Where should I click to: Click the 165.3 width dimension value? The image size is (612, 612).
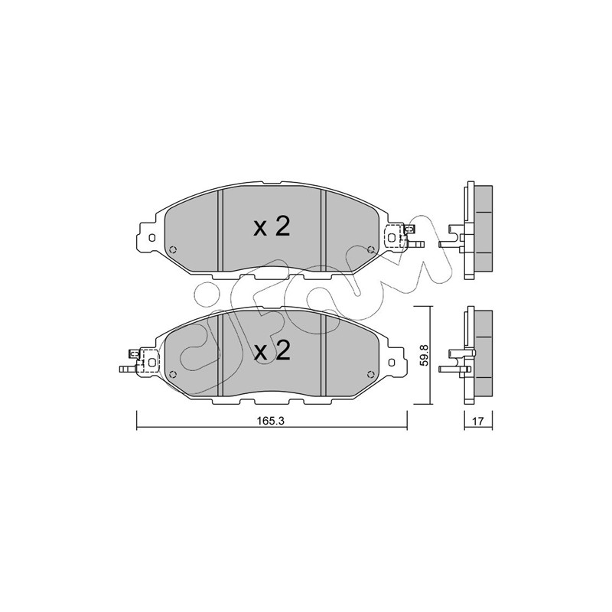click(271, 422)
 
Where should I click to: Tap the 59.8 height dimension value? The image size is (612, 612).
click(425, 355)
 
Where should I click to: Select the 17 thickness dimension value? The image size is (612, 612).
click(477, 422)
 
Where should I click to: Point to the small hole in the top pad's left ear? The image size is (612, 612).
click(152, 238)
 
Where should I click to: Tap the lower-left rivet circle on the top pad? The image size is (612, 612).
click(174, 249)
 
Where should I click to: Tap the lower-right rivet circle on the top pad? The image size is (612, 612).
click(371, 249)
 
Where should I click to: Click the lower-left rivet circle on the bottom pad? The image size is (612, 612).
click(174, 374)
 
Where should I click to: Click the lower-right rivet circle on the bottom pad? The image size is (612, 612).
click(371, 374)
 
